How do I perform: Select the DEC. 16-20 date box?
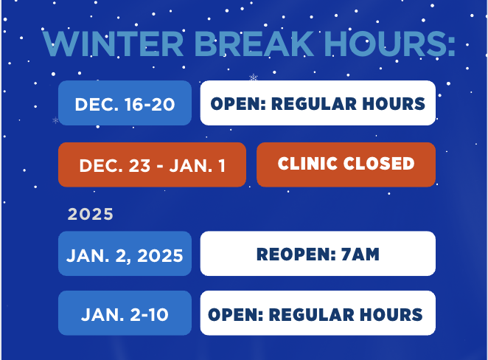(125, 104)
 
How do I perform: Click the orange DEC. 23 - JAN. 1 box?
(152, 165)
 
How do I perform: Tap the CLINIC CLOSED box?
(346, 164)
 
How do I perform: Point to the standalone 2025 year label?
(91, 215)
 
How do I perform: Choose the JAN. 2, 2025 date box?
(125, 255)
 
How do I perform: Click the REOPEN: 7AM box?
(318, 255)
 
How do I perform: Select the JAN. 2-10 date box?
(125, 314)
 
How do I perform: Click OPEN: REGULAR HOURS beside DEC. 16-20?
(318, 104)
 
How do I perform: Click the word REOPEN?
(293, 255)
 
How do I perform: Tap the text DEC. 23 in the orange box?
(108, 165)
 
